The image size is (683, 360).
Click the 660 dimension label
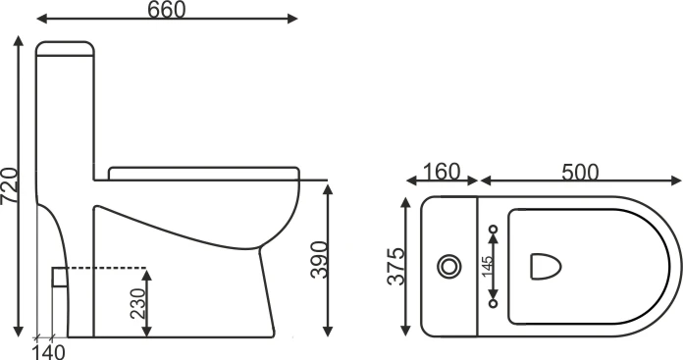[167, 10]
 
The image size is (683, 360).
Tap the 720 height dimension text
[10, 185]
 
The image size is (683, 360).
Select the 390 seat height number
[319, 260]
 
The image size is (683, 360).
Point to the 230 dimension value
[138, 303]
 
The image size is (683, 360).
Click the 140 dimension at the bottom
[49, 352]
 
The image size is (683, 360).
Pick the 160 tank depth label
[442, 172]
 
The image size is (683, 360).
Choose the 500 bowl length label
[580, 173]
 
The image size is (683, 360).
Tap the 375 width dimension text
[395, 267]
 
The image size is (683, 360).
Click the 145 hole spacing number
[488, 266]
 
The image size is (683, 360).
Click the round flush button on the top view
[449, 267]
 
